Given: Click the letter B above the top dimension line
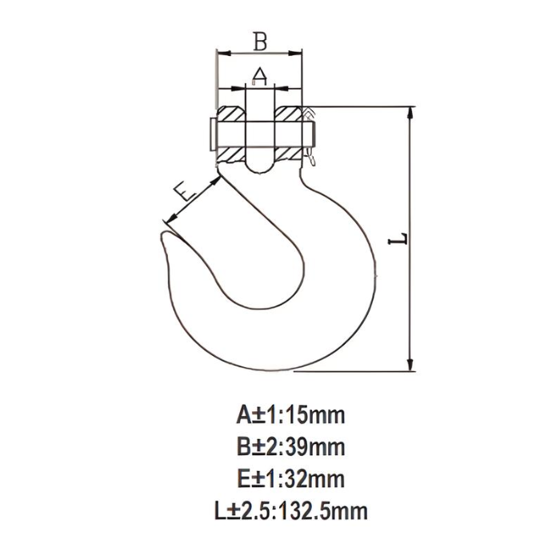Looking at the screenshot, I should (x=260, y=41).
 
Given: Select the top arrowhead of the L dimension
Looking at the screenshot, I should (x=411, y=112).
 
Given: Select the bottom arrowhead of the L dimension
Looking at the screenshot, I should (x=411, y=366).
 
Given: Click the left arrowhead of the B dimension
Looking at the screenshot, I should (x=222, y=54).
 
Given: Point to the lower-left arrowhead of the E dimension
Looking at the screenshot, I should (x=166, y=217).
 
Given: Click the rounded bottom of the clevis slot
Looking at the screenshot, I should (x=259, y=165).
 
